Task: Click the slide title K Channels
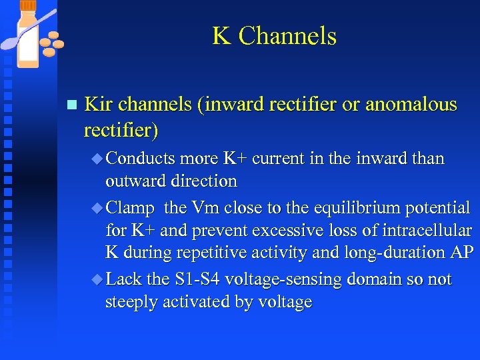[x=274, y=36]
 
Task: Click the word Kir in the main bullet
[x=99, y=104]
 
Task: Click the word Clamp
[x=130, y=208]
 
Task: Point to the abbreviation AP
[x=461, y=253]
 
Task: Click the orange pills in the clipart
[x=51, y=44]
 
